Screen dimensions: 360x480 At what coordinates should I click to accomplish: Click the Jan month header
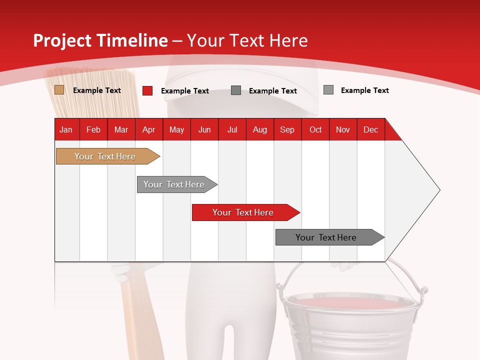pos(66,129)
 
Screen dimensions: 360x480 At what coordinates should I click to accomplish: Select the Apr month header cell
pos(148,129)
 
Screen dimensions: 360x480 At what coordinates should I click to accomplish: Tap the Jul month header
pos(232,129)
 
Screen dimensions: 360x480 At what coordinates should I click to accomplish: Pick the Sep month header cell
pos(287,129)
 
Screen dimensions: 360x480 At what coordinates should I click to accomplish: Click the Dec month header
pos(370,129)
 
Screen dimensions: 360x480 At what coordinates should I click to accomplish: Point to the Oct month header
pos(315,129)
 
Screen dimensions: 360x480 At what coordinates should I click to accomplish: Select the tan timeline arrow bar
pos(105,156)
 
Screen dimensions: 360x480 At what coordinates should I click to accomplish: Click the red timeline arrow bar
pos(243,212)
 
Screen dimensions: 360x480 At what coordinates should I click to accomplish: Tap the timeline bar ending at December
pos(326,237)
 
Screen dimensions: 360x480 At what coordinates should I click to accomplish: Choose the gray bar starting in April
pos(174,184)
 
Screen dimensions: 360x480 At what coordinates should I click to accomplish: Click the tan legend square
pos(59,90)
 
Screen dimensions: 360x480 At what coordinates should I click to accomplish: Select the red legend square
pos(147,90)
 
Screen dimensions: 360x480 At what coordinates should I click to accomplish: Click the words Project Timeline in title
pos(100,40)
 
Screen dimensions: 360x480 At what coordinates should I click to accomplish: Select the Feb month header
pos(93,129)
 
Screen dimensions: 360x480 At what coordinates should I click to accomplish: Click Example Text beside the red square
pos(185,91)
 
